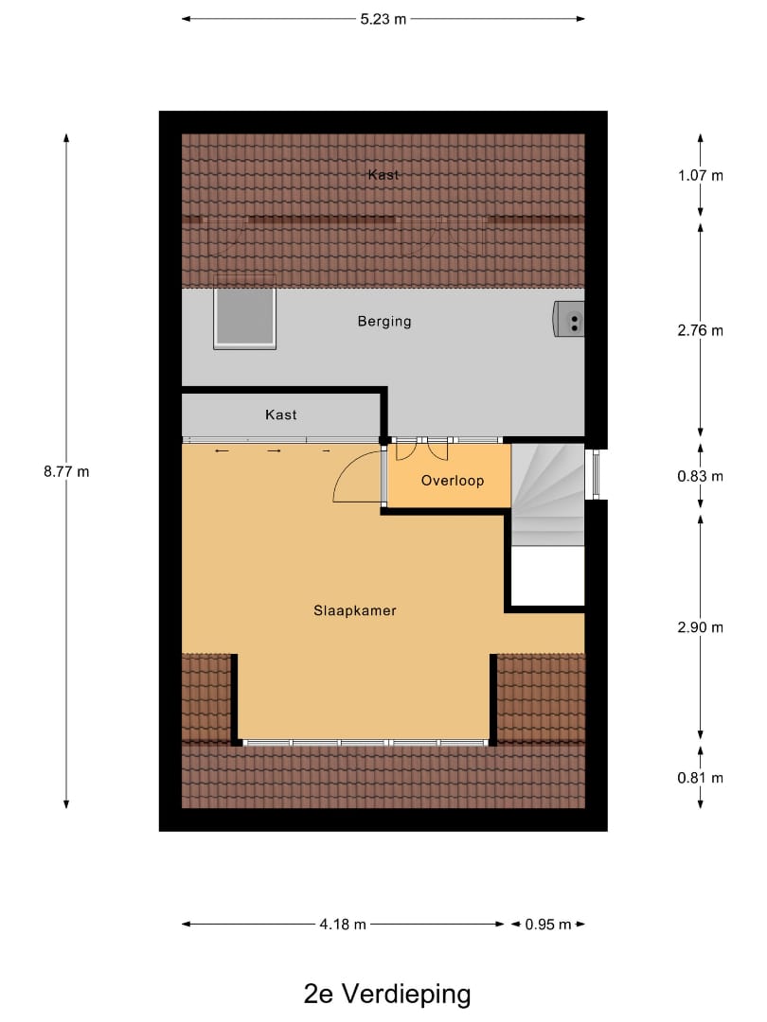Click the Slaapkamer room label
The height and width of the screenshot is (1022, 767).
(x=354, y=610)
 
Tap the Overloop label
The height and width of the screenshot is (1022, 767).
(x=453, y=481)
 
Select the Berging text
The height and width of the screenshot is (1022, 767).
(x=384, y=321)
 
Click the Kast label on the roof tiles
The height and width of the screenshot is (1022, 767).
(x=384, y=175)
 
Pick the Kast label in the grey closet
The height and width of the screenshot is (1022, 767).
(x=281, y=414)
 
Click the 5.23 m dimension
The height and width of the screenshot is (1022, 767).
(x=383, y=18)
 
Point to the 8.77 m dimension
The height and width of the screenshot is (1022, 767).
(x=66, y=471)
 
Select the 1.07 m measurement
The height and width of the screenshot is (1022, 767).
(x=701, y=175)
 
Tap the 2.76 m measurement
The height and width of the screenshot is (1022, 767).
(x=701, y=330)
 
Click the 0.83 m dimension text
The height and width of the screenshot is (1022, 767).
(x=701, y=476)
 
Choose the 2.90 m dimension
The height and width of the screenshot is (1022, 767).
(x=701, y=626)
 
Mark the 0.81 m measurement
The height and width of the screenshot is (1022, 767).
(x=701, y=778)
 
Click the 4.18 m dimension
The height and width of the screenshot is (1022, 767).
(x=344, y=925)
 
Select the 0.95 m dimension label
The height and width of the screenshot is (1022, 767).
(x=548, y=925)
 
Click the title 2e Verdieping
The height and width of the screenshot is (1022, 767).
(x=387, y=995)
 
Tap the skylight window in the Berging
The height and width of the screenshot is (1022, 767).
(x=244, y=316)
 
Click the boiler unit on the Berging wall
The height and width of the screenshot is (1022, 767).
(x=570, y=319)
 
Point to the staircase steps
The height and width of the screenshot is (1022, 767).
(x=547, y=492)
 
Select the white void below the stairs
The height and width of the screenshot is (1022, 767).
(x=547, y=575)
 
